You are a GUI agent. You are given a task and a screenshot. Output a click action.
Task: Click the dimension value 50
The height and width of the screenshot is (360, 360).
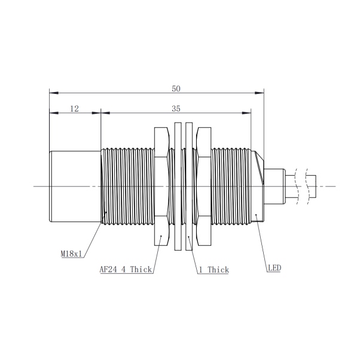(x=176, y=89)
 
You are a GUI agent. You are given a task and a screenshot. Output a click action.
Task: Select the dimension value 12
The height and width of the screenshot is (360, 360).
(x=74, y=109)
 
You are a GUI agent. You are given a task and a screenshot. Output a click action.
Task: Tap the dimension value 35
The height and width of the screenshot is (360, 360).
(x=176, y=109)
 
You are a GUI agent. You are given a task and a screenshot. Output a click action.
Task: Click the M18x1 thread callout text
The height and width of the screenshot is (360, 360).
(x=71, y=254)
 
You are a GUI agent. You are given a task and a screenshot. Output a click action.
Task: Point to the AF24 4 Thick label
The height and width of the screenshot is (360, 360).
(x=126, y=269)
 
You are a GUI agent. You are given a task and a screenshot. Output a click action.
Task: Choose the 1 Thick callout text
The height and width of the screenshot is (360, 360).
(x=213, y=270)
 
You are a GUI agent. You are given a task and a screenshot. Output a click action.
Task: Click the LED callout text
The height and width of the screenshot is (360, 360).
(x=274, y=268)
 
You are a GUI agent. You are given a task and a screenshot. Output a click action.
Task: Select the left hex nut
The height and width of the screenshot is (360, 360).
(x=162, y=187)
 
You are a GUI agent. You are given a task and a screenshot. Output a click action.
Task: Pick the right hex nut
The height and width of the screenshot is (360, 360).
(x=204, y=187)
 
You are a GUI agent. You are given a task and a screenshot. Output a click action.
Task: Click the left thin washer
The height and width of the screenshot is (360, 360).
(x=178, y=187)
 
